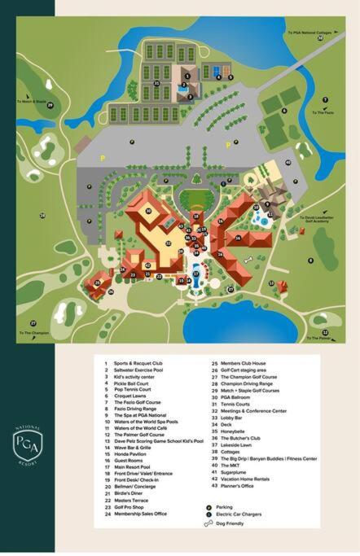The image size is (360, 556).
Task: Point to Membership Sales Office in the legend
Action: tap(140, 514)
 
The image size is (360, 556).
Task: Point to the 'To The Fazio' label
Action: tap(323, 112)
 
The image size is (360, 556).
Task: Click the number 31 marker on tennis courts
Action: tap(156, 83)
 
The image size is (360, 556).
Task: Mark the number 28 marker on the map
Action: tap(41, 216)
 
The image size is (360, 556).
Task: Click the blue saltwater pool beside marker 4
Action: tap(216, 72)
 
